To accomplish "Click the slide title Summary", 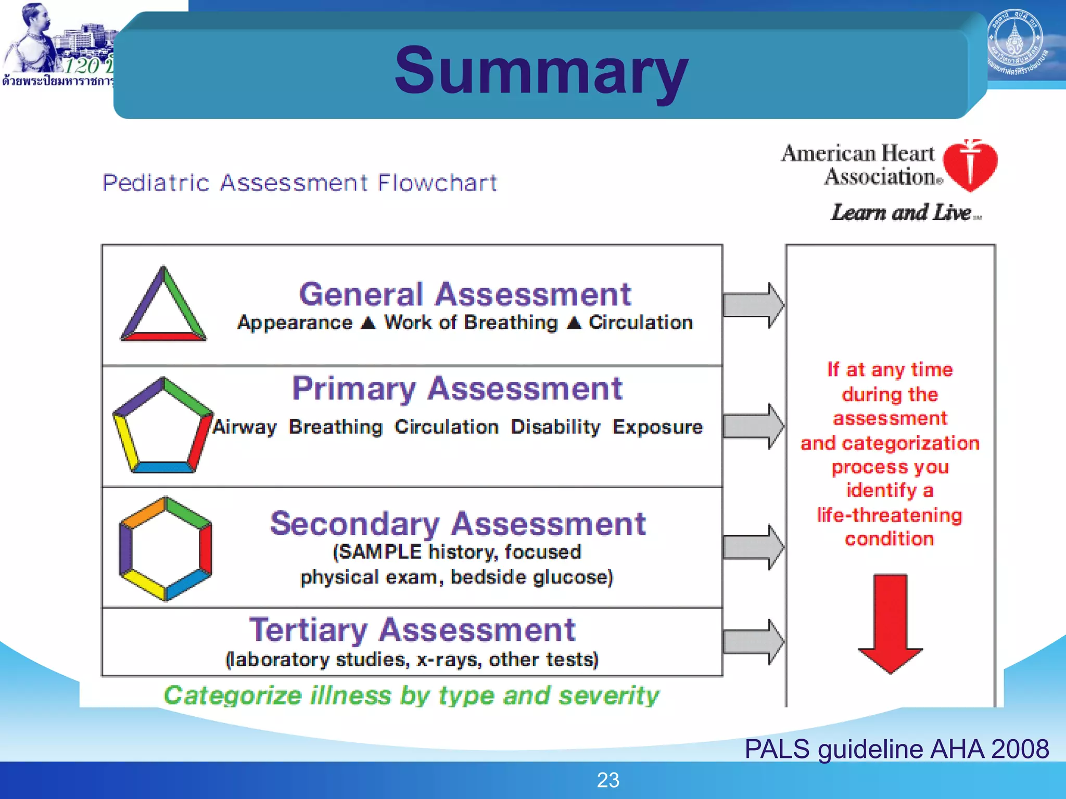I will tap(541, 70).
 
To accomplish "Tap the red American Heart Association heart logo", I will tap(970, 165).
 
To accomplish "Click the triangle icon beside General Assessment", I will tap(163, 306).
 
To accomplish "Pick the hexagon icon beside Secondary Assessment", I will tap(166, 548).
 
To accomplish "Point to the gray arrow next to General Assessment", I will tap(753, 305).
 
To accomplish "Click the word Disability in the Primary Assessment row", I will tap(555, 427).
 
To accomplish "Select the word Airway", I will tap(245, 427).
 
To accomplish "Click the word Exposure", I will tap(657, 427).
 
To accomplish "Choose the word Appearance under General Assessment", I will tap(295, 323).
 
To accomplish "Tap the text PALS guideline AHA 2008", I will tap(896, 749).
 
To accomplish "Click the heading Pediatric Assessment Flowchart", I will tap(300, 183).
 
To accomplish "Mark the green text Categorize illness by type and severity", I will tap(411, 695).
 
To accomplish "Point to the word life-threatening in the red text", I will tap(890, 515).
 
